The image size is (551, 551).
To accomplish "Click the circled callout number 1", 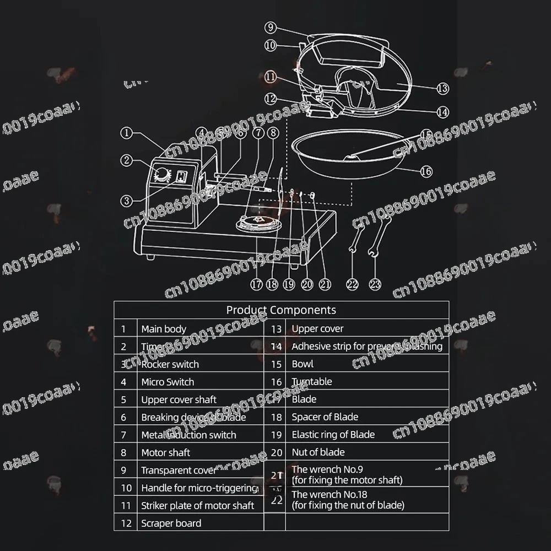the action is [x=127, y=132].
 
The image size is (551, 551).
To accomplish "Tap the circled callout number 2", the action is [x=127, y=160].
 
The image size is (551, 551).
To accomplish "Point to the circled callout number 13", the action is [x=442, y=88].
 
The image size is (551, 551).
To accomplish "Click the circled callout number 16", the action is [x=426, y=171].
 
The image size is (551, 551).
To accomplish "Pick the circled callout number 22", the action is [x=352, y=284].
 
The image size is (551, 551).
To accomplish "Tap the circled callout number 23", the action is [x=375, y=284].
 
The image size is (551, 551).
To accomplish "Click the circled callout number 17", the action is [x=256, y=284].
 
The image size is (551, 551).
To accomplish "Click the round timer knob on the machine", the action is [x=162, y=176].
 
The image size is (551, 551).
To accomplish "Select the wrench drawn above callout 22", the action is [x=356, y=240].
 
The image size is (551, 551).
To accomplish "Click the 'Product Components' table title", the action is [x=281, y=310].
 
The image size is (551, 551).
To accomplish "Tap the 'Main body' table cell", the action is [x=164, y=329].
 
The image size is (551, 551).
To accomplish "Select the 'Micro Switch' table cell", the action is [x=168, y=382].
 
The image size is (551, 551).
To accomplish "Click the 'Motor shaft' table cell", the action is [x=165, y=452].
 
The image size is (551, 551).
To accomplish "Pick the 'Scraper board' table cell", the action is [x=171, y=523].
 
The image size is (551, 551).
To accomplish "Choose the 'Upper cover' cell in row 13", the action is [x=317, y=328].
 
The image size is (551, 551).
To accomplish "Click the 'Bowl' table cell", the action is [x=302, y=364].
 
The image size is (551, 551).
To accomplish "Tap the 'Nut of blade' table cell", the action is [x=318, y=452].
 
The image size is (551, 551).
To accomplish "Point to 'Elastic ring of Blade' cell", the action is [x=333, y=434].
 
